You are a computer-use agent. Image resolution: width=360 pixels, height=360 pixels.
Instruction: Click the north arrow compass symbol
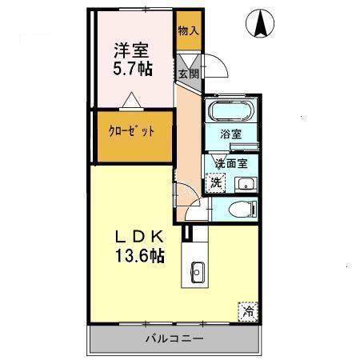coord(260,23)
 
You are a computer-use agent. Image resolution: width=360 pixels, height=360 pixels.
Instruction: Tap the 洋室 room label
coord(131,50)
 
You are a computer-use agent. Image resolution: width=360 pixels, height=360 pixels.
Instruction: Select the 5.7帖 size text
coord(133,68)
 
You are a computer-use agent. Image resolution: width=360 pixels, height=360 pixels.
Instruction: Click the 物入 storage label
coord(189,31)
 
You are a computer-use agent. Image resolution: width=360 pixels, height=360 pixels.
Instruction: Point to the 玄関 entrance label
coord(189,74)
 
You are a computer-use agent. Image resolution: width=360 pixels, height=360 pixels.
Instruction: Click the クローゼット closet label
coord(131,131)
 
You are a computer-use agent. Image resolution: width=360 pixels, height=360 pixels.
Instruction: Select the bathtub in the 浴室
coord(230,110)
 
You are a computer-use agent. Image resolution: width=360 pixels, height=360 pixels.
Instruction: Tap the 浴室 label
coord(231,134)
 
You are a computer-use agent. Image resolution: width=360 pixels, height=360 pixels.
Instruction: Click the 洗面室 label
coord(231,163)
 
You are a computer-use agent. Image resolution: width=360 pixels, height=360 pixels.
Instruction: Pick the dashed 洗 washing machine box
coord(216,182)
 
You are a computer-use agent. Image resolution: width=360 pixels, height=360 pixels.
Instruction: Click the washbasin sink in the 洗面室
coord(246,185)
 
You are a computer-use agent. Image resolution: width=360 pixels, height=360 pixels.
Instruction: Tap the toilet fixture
coord(243,209)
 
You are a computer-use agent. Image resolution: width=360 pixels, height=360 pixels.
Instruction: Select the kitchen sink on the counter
coord(198,272)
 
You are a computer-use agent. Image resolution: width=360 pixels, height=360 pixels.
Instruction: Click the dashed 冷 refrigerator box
coord(248,312)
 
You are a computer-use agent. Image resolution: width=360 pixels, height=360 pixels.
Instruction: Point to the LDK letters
coord(139,237)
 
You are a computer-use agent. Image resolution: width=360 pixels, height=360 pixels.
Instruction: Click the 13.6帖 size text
coord(140,255)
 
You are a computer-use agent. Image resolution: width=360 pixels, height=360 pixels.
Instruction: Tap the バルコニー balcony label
coord(174,339)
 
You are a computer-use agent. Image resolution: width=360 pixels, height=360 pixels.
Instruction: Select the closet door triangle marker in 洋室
coord(131,101)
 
